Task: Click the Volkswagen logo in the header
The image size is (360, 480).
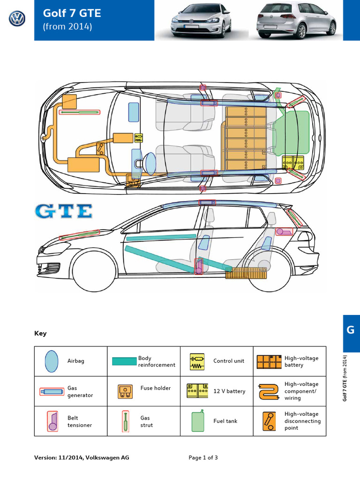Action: tap(17, 20)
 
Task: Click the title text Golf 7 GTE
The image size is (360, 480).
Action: tap(72, 13)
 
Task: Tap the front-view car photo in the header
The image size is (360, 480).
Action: tap(201, 21)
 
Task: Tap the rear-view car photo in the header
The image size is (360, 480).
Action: tap(296, 21)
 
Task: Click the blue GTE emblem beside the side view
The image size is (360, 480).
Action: tap(63, 211)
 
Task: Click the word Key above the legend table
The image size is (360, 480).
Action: tap(40, 334)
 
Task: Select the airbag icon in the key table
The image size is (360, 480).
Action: tap(51, 361)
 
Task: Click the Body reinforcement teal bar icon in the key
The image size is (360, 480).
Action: tap(124, 361)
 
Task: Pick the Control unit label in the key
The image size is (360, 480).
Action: tap(229, 361)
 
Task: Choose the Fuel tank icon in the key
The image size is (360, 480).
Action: tap(197, 421)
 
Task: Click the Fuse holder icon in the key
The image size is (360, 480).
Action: tap(124, 391)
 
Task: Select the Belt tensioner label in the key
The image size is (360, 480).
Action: tap(79, 421)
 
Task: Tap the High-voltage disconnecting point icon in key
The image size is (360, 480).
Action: tap(269, 421)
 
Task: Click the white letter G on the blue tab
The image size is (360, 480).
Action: tap(351, 330)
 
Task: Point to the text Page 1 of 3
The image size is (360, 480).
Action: tap(203, 457)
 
